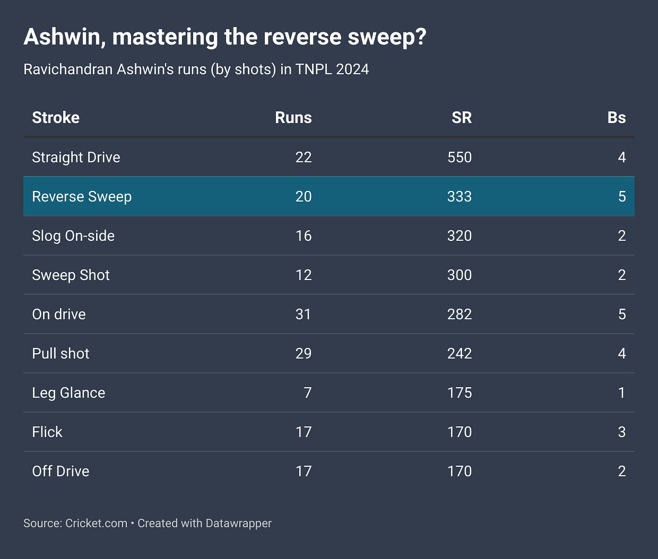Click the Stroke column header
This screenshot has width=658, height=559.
click(56, 117)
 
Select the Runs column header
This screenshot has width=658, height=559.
click(293, 117)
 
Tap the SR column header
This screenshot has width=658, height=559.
click(461, 117)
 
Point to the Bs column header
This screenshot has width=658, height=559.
click(616, 117)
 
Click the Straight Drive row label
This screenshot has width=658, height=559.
click(76, 157)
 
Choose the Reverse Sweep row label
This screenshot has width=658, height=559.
click(82, 196)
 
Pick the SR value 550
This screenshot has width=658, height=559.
click(459, 157)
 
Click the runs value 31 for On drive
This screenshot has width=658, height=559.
click(303, 314)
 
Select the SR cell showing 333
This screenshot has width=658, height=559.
click(459, 196)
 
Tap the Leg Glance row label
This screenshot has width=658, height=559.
click(68, 392)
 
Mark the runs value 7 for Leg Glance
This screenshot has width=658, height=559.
click(307, 392)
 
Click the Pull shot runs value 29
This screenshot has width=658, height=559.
click(303, 353)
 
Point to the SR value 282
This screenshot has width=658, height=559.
click(459, 314)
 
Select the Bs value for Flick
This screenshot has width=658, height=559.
click(621, 432)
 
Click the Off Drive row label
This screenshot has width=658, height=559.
click(60, 471)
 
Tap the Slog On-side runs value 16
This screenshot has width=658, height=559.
click(303, 235)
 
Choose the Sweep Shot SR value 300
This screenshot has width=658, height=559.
click(459, 275)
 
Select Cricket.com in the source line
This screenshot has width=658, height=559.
click(96, 523)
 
